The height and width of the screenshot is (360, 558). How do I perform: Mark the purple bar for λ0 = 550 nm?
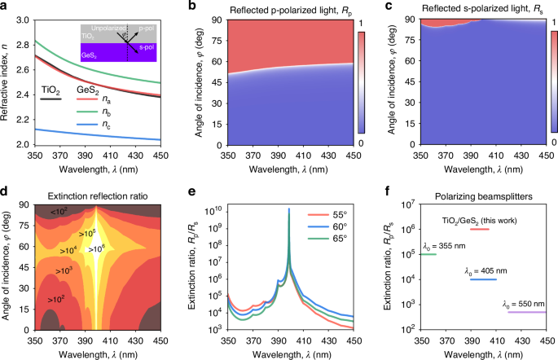[525, 312]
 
